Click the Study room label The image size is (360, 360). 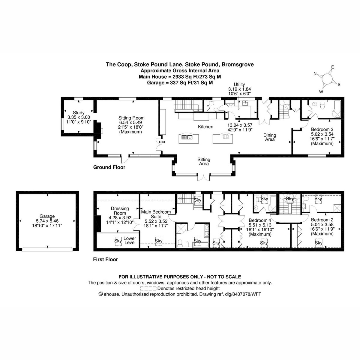[x=79, y=113]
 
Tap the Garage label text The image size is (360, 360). [x=47, y=216]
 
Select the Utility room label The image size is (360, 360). [x=239, y=84]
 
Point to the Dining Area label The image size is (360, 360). [x=270, y=137]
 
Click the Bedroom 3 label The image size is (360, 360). [x=322, y=130]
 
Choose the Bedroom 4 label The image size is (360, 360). [x=260, y=220]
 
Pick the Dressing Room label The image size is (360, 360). [x=120, y=211]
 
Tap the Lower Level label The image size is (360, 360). [x=130, y=240]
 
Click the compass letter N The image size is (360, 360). [x=315, y=73]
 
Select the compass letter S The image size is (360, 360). [x=339, y=85]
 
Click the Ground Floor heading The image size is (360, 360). [x=109, y=167]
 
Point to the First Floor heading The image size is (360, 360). [x=105, y=259]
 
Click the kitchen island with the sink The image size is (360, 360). [x=188, y=138]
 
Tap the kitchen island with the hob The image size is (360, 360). [x=223, y=138]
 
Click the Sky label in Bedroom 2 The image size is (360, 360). [x=318, y=243]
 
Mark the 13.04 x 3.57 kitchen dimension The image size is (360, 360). [x=240, y=125]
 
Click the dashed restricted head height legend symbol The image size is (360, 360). [x=148, y=288]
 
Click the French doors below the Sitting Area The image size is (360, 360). [x=204, y=178]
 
